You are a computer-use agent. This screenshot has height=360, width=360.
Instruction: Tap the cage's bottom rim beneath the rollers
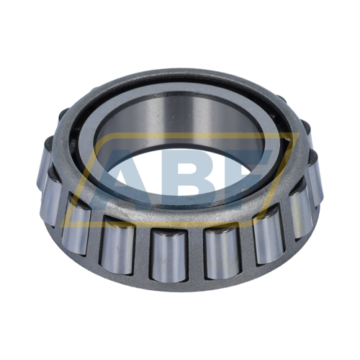coord(180,285)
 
